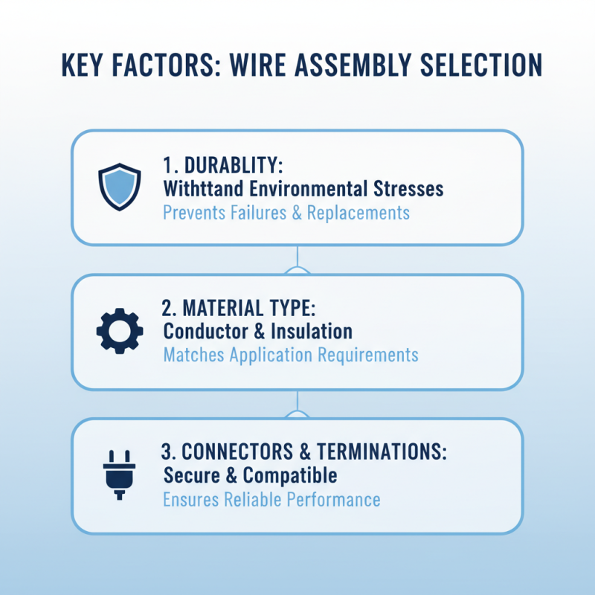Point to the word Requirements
[x=368, y=354]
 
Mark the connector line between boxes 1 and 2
[x=297, y=259]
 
